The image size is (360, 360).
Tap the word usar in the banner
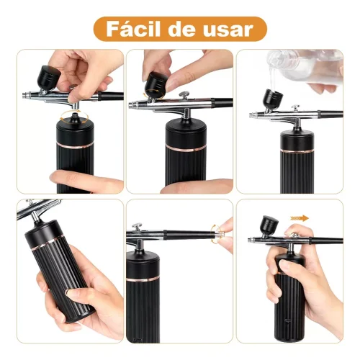(228, 30)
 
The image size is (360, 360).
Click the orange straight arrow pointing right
(300, 218)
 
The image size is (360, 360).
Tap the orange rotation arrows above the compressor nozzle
(74, 118)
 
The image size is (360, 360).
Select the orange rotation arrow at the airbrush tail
(215, 234)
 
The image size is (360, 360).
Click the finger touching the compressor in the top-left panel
(85, 181)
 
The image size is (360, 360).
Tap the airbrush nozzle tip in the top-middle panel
(132, 104)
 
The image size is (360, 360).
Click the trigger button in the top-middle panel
(184, 94)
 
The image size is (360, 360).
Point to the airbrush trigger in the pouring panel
(295, 107)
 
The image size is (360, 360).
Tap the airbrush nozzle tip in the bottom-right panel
(250, 240)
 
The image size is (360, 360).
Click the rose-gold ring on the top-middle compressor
(186, 148)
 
